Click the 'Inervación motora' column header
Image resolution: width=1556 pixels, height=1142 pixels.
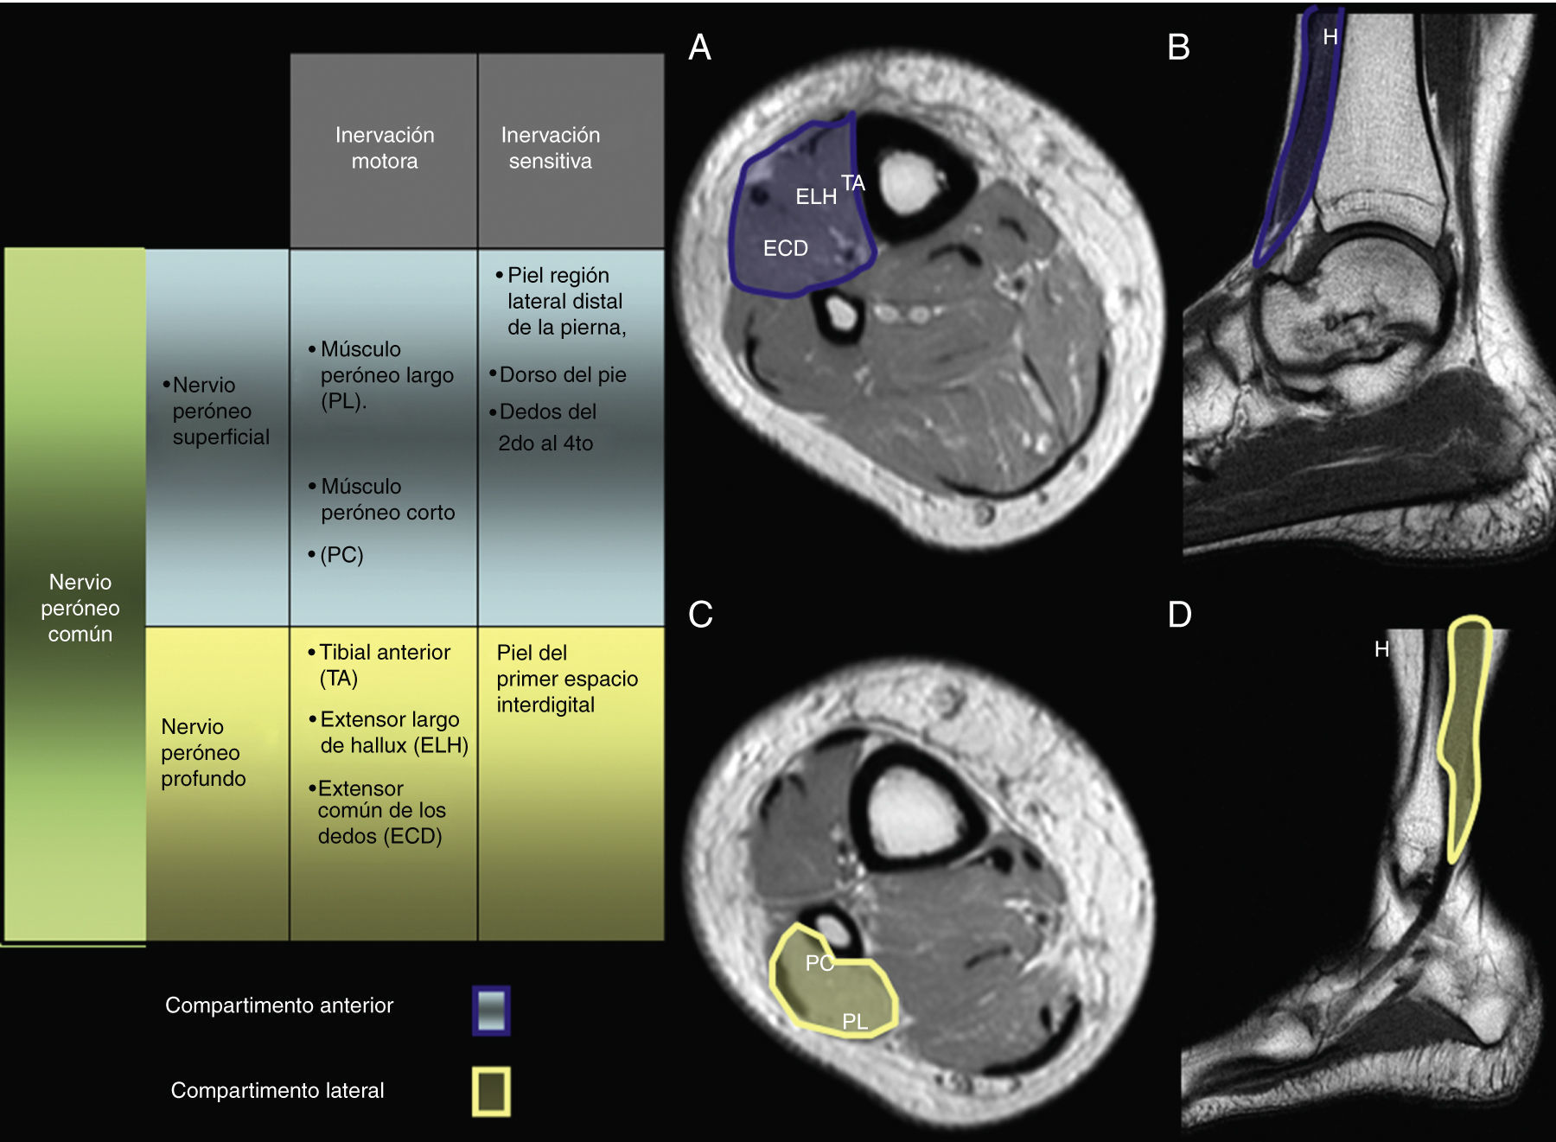[385, 148]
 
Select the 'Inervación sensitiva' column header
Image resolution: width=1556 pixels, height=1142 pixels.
[551, 148]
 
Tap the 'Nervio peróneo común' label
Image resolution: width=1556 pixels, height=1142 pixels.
[80, 607]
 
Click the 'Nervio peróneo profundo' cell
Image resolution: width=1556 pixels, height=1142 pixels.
[203, 752]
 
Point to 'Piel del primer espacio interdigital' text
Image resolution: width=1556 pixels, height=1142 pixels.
[566, 679]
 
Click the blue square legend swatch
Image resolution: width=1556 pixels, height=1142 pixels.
[491, 1010]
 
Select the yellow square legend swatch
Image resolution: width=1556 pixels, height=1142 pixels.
[491, 1091]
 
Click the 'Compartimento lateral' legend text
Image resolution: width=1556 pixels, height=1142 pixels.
[277, 1090]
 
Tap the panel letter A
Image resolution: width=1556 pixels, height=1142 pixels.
[699, 48]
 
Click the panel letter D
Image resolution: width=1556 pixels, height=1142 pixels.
[1179, 615]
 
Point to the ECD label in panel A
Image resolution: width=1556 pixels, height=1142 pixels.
[785, 249]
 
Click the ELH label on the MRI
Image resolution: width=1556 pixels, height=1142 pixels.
[816, 197]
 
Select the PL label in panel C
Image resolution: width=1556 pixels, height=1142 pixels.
[855, 1022]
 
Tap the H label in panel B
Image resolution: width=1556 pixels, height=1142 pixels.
[1330, 37]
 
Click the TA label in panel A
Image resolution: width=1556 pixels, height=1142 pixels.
[853, 182]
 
